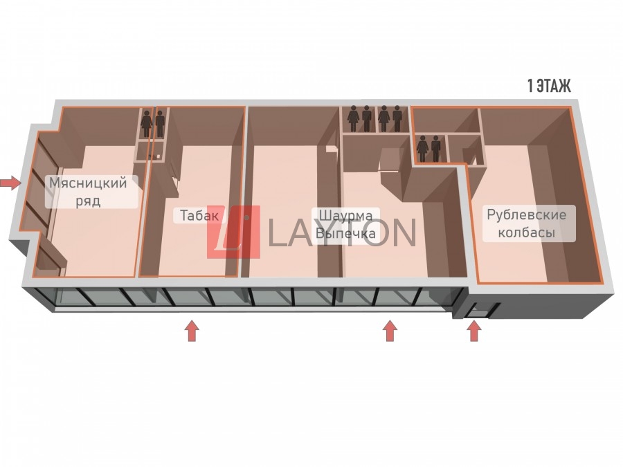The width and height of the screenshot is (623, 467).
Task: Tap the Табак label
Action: (199, 215)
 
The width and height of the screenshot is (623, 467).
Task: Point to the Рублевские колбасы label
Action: (526, 223)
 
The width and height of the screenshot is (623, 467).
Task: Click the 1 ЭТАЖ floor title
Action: (549, 86)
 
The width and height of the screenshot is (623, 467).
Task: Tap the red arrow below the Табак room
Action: (192, 331)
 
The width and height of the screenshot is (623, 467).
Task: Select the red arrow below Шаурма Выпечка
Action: (390, 331)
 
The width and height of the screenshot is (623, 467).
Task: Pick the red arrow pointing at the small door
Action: (474, 331)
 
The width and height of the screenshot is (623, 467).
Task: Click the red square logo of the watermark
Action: (233, 232)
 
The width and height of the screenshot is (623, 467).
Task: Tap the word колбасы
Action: (526, 233)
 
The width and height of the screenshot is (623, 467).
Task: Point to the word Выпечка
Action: (345, 234)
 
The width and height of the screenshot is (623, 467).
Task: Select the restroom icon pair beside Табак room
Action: (153, 124)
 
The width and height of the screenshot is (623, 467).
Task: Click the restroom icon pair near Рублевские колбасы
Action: (428, 148)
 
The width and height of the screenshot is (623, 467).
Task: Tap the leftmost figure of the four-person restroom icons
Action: (354, 118)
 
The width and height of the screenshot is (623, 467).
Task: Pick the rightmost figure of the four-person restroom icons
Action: (397, 118)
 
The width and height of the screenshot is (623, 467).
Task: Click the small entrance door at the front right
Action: (476, 311)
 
